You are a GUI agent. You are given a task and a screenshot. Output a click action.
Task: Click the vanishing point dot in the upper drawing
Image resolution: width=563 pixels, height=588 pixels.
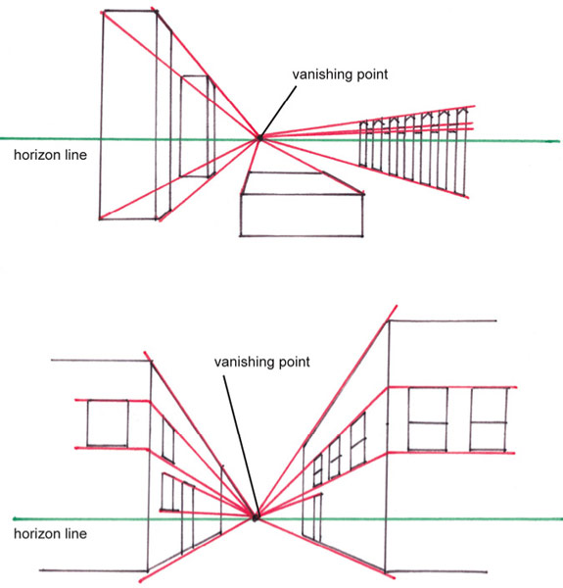click(x=259, y=138)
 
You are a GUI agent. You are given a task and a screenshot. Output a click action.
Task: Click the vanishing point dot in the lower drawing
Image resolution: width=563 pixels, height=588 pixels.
click(x=255, y=517)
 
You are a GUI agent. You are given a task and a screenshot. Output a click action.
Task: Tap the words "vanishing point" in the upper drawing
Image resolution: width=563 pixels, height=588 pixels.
click(x=340, y=74)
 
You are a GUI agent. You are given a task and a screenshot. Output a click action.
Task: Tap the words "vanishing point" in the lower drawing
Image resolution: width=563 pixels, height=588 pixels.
click(x=261, y=362)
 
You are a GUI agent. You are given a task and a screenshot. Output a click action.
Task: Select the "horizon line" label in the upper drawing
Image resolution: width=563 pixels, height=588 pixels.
click(x=50, y=155)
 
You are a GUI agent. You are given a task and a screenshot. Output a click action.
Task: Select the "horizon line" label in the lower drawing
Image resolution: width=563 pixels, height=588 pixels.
click(x=50, y=534)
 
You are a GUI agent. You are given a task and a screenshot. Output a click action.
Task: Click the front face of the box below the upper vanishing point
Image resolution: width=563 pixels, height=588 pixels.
click(x=302, y=215)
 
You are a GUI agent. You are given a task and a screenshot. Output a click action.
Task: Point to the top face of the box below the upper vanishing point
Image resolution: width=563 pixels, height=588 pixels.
click(x=302, y=183)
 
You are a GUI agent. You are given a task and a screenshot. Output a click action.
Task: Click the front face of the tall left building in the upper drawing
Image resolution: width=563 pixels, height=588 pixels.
click(x=129, y=115)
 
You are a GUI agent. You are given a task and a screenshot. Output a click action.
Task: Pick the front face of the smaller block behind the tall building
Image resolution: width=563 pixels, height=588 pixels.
click(x=194, y=126)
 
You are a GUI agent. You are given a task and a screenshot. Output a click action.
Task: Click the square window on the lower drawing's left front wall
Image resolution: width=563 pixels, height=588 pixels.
click(x=108, y=423)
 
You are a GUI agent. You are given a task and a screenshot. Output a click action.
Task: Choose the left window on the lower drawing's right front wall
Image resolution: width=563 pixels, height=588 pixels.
click(x=428, y=418)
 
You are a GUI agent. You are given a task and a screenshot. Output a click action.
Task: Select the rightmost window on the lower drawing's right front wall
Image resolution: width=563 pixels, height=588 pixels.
click(x=489, y=418)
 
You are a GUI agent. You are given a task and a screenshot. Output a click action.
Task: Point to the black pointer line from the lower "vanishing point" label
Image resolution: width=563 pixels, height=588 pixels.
click(x=241, y=446)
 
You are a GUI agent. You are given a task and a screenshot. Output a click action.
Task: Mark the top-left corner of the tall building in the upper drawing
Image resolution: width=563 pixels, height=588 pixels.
click(x=104, y=11)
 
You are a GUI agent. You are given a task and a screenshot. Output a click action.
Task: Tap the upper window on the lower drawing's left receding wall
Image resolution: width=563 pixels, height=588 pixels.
click(x=168, y=440)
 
